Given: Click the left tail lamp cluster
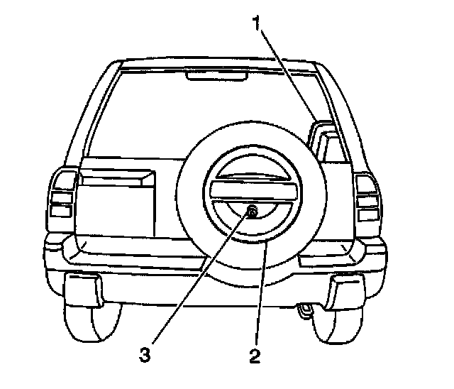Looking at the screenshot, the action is [x=62, y=195].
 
